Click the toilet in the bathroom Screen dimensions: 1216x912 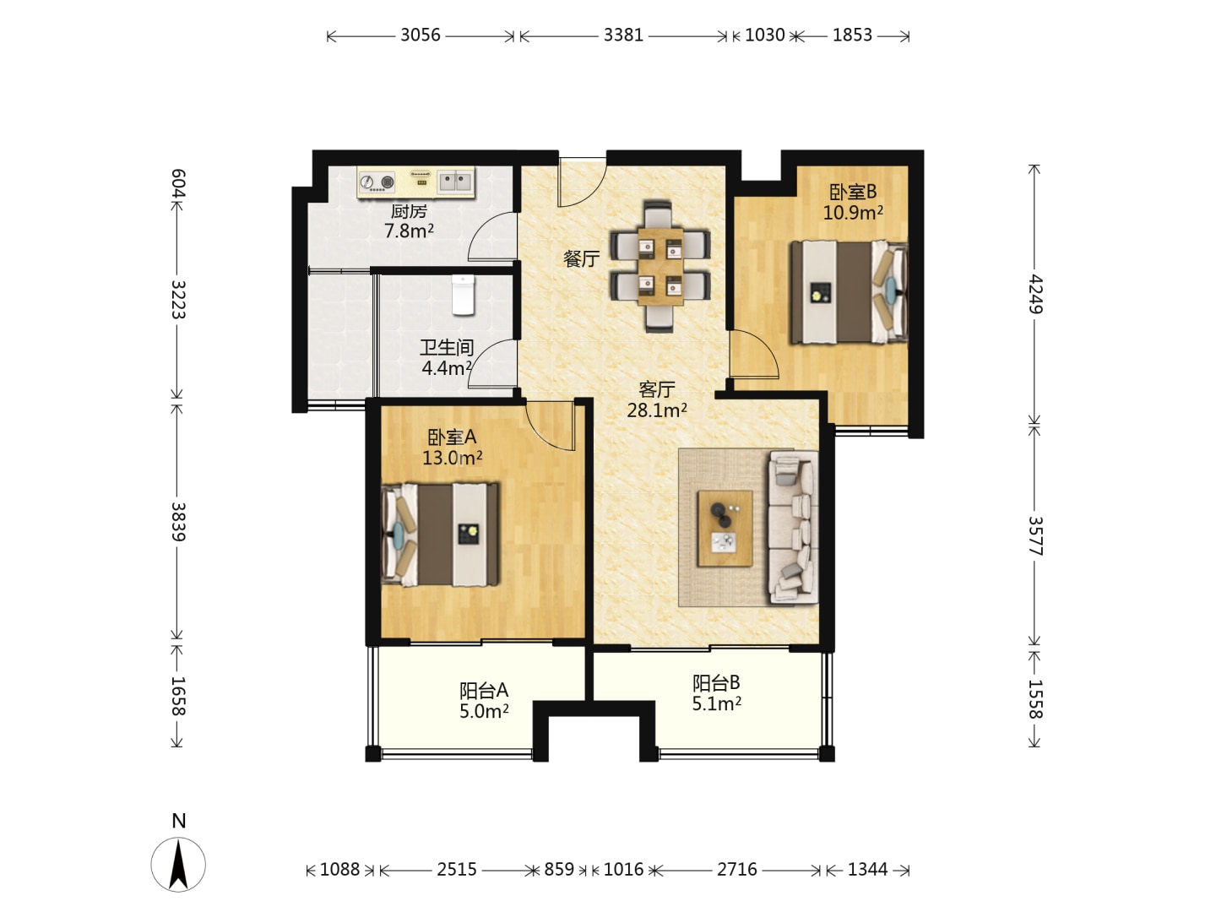coord(463,295)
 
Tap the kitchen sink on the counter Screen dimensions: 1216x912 coord(455,181)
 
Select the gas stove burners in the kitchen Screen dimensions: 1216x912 coord(377,182)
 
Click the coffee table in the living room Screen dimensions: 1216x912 coord(725,528)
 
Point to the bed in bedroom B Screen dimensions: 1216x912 coord(849,292)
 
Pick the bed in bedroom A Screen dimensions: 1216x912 coord(441,535)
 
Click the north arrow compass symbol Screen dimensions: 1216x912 coord(178,865)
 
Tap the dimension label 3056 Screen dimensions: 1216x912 coord(421,35)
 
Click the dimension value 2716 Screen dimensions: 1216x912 coord(737,870)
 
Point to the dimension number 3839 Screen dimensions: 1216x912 coord(178,522)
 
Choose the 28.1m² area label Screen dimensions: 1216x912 coord(657,410)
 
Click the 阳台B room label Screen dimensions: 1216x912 coord(716,683)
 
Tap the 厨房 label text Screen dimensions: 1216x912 coord(409,211)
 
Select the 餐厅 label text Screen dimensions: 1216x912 coord(581,258)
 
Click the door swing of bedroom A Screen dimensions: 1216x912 coord(550,426)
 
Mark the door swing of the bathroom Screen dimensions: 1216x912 coord(492,363)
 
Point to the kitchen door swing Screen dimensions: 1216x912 coord(492,236)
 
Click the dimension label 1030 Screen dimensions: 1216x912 coord(764,35)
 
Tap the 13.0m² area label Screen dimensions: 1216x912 coord(452,458)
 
